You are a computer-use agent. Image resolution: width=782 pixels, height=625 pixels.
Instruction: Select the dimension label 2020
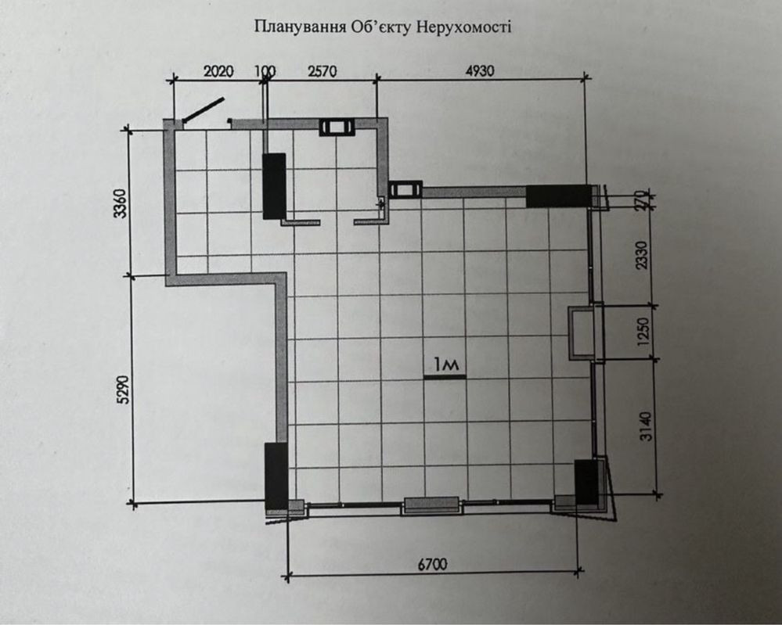pos(218,72)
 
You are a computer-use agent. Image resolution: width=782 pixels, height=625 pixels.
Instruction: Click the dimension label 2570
pos(323,71)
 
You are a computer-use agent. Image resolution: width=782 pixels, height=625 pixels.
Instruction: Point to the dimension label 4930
pos(480,70)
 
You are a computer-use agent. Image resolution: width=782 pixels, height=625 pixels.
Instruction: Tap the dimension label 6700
pos(432,565)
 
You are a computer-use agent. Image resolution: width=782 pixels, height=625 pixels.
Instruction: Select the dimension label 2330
pos(643,255)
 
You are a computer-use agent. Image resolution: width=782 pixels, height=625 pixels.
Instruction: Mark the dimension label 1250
pos(644,332)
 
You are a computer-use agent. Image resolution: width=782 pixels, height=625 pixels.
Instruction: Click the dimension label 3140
pos(645,426)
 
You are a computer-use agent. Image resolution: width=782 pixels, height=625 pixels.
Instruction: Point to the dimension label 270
pos(643,200)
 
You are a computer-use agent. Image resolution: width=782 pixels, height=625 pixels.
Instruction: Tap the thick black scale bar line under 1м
pos(445,377)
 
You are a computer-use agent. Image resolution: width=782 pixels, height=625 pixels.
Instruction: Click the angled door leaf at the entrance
pos(203,110)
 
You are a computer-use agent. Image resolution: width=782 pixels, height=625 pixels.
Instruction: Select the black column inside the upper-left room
pos(274,186)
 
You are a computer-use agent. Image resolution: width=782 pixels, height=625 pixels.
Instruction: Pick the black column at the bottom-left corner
pos(276,476)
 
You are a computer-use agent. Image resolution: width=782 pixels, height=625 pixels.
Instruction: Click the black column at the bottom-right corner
pos(586,482)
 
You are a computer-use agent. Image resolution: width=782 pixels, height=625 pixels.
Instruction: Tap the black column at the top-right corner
pos(559,196)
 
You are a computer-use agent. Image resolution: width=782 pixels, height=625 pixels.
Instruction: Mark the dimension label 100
pos(265,72)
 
